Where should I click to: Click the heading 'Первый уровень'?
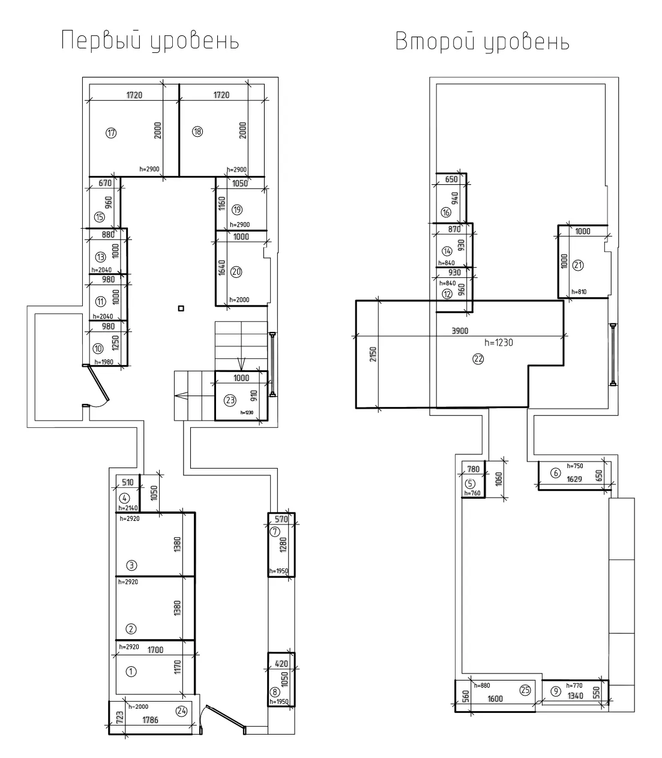tap(150, 41)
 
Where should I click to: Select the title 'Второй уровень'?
tap(482, 41)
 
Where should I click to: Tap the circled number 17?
tap(111, 133)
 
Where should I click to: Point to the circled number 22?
tap(478, 359)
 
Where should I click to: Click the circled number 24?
tap(181, 711)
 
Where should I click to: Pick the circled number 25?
tap(525, 690)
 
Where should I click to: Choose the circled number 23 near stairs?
tap(230, 400)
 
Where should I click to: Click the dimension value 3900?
tap(460, 331)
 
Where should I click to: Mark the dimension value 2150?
tap(373, 354)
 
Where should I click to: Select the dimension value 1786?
tap(151, 720)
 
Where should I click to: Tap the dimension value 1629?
tap(574, 479)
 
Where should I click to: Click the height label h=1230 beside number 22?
tap(499, 343)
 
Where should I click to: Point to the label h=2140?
tap(128, 508)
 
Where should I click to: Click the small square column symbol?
tap(181, 308)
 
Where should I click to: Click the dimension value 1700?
tap(155, 649)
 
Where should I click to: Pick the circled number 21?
tap(578, 265)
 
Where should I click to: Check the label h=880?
tap(482, 685)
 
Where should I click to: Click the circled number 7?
tap(274, 532)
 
